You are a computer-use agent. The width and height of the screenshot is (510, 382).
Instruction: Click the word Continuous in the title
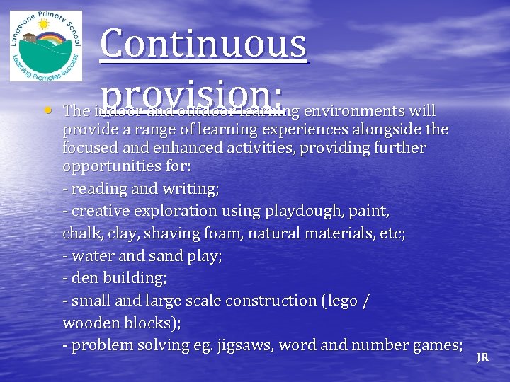(x=204, y=44)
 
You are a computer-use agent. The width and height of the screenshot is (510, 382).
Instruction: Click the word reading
(x=95, y=190)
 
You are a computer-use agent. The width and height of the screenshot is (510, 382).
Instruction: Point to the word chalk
(x=81, y=233)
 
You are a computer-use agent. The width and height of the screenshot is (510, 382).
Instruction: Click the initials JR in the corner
(x=482, y=357)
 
